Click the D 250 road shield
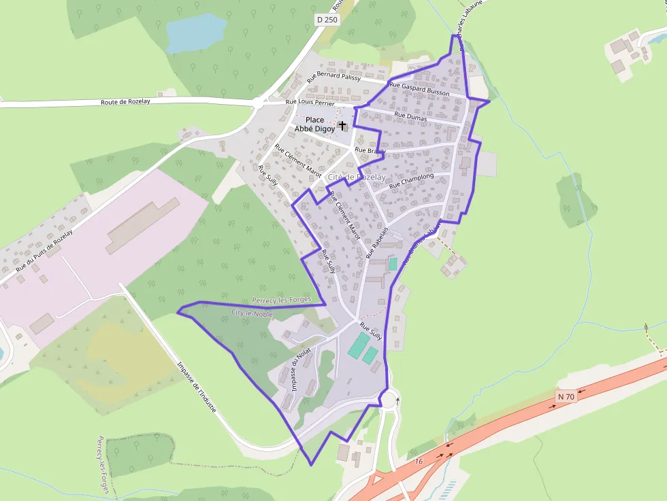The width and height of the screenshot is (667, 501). pyautogui.click(x=327, y=20)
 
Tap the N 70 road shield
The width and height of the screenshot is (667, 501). pyautogui.click(x=566, y=396)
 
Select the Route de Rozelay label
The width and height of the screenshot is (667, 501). pyautogui.click(x=125, y=101)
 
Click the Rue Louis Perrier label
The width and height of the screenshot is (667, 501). pyautogui.click(x=310, y=103)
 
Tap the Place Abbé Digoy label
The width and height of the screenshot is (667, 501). pyautogui.click(x=314, y=124)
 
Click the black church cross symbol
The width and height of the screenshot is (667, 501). pyautogui.click(x=342, y=126)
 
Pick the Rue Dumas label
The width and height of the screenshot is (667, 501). pyautogui.click(x=410, y=117)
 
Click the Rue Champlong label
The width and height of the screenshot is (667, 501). pyautogui.click(x=411, y=181)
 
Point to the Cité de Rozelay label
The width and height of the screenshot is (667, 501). pyautogui.click(x=357, y=177)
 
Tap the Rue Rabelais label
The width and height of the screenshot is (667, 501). pyautogui.click(x=376, y=243)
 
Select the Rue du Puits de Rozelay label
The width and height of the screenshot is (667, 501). pyautogui.click(x=44, y=251)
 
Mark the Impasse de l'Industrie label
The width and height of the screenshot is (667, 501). pyautogui.click(x=196, y=387)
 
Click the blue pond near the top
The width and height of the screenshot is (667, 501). pyautogui.click(x=196, y=32)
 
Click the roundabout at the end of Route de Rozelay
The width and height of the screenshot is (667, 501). pyautogui.click(x=259, y=104)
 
